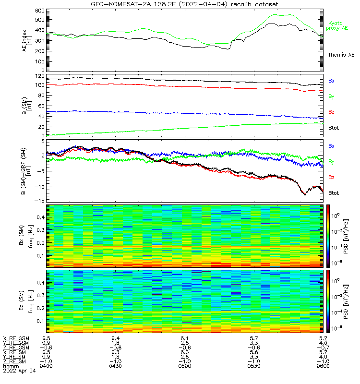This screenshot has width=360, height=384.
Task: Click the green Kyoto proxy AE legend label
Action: pyautogui.click(x=337, y=26)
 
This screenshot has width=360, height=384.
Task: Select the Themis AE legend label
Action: pyautogui.click(x=341, y=55)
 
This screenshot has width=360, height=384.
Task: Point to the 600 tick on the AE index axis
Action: pyautogui.click(x=40, y=11)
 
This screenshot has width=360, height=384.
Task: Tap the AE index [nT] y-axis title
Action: pyautogui.click(x=26, y=41)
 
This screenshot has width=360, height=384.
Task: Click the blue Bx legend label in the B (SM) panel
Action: pyautogui.click(x=331, y=81)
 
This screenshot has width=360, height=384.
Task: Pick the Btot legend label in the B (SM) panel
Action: pyautogui.click(x=334, y=128)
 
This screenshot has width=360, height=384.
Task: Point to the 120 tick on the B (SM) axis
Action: pyautogui.click(x=40, y=76)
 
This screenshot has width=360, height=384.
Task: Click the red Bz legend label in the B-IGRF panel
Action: pyautogui.click(x=331, y=177)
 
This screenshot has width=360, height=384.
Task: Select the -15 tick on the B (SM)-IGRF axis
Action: pyautogui.click(x=40, y=201)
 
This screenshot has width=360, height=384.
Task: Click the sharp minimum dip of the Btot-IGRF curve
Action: pyautogui.click(x=305, y=195)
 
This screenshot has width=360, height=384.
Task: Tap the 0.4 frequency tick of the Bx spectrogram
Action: pyautogui.click(x=40, y=217)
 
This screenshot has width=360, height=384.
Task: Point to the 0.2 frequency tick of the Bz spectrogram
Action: pyautogui.click(x=40, y=308)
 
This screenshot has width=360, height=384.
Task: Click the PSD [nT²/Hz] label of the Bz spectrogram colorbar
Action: pyautogui.click(x=346, y=302)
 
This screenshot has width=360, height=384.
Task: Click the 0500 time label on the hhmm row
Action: pyautogui.click(x=185, y=366)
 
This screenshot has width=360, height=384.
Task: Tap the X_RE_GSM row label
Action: pyautogui.click(x=16, y=338)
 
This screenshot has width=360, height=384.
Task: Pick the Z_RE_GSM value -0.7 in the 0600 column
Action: pyautogui.click(x=323, y=348)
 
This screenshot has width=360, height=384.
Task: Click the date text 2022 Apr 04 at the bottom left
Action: pyautogui.click(x=19, y=371)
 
